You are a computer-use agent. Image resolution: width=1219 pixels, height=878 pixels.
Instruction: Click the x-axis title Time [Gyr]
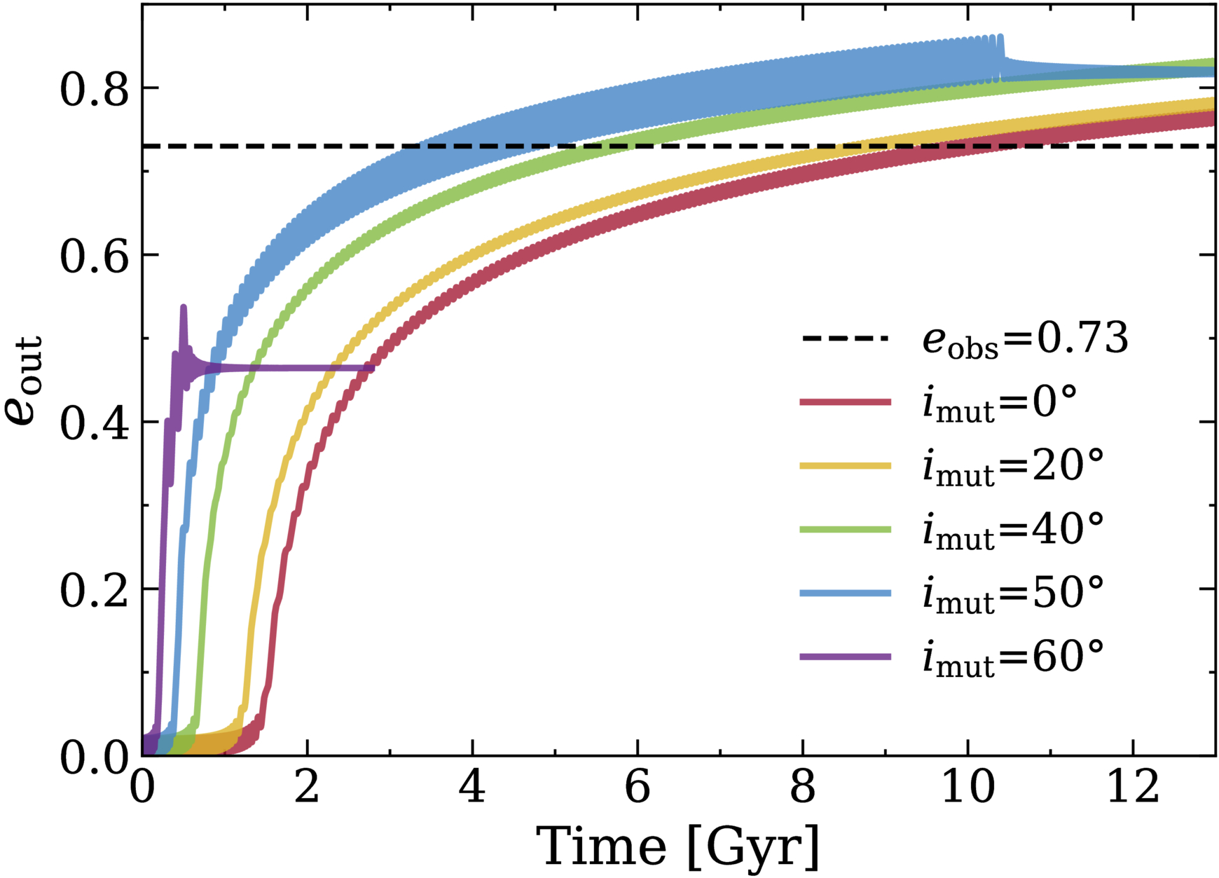pos(677,847)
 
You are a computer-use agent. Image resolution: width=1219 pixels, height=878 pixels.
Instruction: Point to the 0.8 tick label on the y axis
pos(95,89)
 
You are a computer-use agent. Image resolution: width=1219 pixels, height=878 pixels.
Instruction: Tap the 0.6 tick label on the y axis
pos(95,256)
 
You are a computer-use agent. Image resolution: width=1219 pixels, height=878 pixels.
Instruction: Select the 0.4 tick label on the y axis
pos(95,423)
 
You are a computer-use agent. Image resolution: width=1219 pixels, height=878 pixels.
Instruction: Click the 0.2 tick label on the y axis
pos(95,589)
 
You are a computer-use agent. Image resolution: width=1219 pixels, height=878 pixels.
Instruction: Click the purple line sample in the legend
pos(846,657)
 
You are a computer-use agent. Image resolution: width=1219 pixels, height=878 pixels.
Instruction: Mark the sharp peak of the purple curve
pos(184,307)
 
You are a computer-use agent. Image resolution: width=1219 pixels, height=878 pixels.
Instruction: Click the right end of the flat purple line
pos(372,368)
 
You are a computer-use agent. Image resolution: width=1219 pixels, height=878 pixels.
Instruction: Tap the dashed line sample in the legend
pos(846,339)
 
